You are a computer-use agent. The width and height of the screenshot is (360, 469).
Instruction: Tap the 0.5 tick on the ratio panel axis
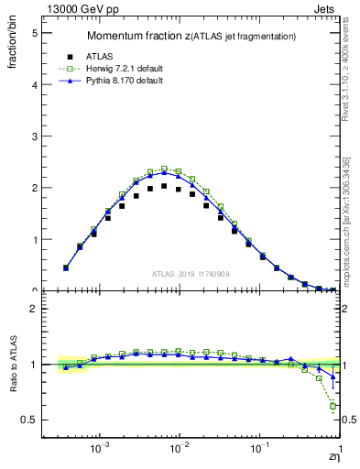click(29, 420)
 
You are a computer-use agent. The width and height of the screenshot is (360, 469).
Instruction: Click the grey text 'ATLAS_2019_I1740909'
click(191, 273)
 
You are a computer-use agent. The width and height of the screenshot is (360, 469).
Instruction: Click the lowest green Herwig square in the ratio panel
click(333, 406)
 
